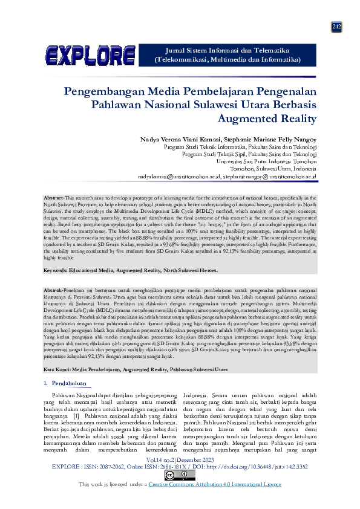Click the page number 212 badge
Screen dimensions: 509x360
pos(337,27)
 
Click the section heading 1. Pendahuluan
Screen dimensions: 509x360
pos(65,383)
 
